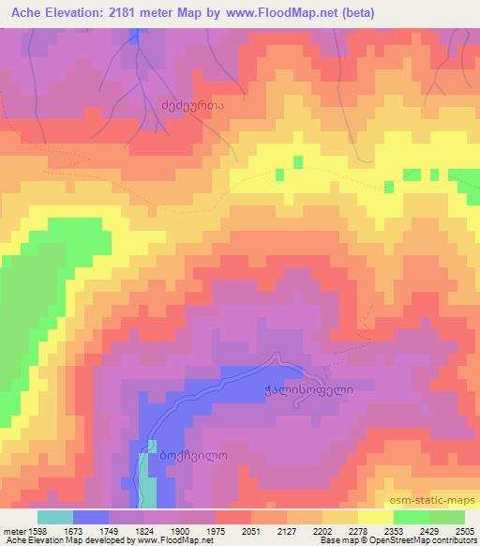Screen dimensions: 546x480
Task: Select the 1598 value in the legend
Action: tap(37, 530)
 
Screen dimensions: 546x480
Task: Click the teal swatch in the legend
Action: tap(54, 517)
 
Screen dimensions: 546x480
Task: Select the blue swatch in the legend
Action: tap(90, 517)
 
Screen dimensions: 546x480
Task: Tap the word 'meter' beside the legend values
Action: tap(12, 530)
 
